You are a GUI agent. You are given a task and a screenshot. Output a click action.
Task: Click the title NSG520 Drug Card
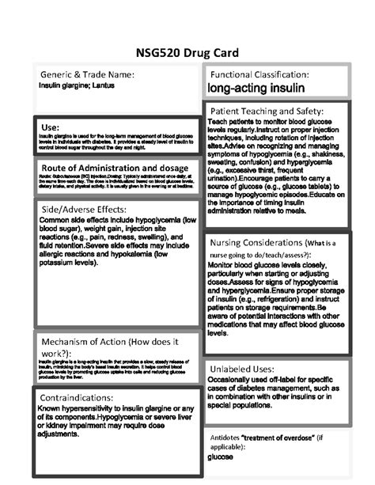[187, 52]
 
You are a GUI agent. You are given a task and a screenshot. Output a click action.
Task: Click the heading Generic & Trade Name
[87, 74]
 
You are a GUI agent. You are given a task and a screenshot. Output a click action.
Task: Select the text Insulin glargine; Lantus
[76, 85]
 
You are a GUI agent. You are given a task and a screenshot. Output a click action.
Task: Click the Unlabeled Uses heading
[241, 369]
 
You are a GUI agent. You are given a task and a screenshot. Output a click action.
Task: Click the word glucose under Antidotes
[220, 457]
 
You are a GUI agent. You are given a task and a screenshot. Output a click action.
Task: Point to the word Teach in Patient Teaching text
[221, 121]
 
